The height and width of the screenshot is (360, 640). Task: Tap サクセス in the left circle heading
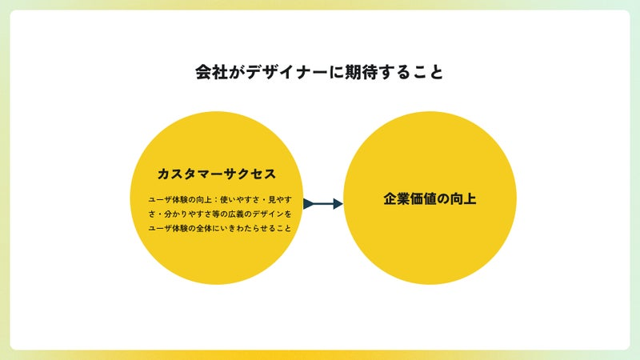click(250, 174)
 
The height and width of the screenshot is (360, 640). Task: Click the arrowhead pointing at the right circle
click(338, 204)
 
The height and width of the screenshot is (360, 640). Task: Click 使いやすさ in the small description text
click(240, 199)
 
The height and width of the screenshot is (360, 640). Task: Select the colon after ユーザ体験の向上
click(216, 200)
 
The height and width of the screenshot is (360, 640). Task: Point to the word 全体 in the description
click(204, 228)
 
